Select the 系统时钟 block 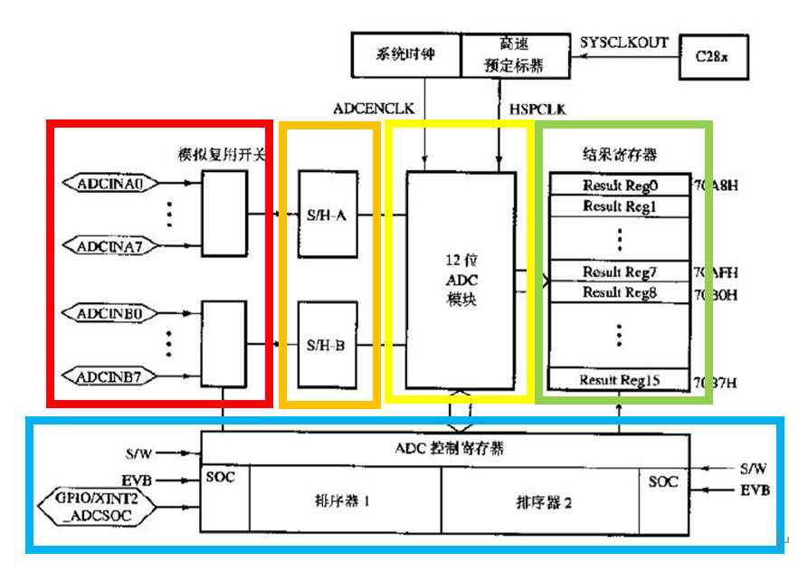(x=405, y=54)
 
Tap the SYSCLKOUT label (x=623, y=42)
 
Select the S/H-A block (x=328, y=215)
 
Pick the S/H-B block (x=328, y=345)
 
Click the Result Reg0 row (x=620, y=185)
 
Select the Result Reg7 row (x=620, y=272)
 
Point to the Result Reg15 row (x=620, y=380)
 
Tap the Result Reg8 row (x=620, y=293)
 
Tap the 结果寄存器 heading (x=620, y=154)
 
